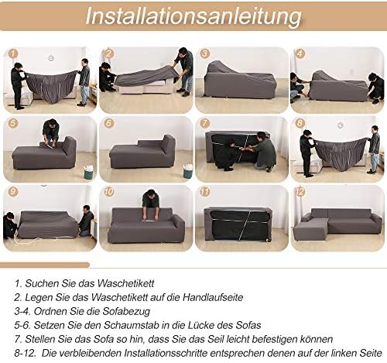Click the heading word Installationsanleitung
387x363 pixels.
click(193, 16)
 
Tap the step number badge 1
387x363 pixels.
click(13, 54)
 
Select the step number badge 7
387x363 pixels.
click(205, 122)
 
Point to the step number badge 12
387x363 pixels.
click(300, 192)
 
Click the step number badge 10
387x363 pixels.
click(109, 192)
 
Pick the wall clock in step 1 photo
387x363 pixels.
click(51, 58)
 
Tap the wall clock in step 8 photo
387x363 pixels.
click(341, 125)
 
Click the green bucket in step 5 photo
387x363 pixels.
click(89, 172)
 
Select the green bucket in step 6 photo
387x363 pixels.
click(188, 170)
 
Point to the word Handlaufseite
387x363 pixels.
click(213, 297)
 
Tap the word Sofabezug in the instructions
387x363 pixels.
click(126, 311)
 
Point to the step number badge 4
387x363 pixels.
click(300, 54)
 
